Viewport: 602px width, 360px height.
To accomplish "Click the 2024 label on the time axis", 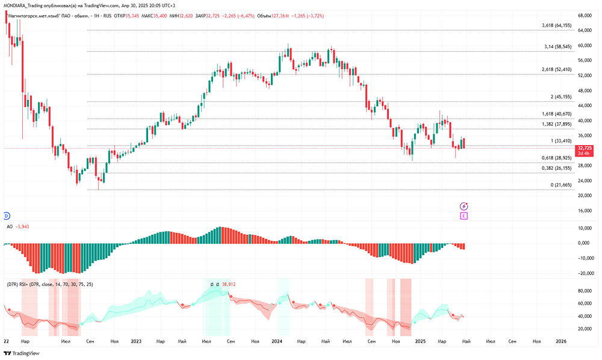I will coord(277,341).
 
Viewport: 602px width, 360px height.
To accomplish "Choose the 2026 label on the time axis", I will coord(561,341).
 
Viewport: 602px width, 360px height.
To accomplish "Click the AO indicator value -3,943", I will coord(22,227).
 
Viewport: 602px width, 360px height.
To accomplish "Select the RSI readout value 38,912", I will coord(228,284).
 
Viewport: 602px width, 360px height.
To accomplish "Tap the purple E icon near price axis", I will coord(464,215).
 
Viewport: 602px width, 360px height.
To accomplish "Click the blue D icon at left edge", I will coord(7,215).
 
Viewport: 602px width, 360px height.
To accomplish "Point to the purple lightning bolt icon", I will coord(464,206).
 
